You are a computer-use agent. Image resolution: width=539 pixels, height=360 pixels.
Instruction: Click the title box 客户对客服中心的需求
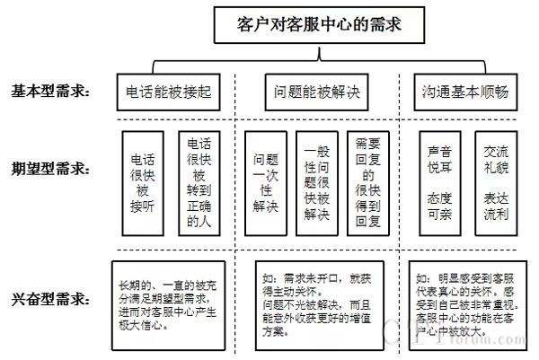[305, 25]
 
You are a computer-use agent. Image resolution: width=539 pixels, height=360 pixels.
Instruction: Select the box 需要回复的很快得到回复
[368, 183]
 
